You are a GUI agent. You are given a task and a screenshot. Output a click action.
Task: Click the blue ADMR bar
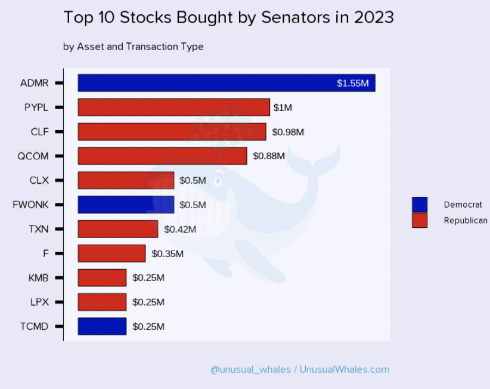227,83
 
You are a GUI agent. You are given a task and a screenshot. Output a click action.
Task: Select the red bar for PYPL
173,107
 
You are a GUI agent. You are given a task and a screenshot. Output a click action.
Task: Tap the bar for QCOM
162,156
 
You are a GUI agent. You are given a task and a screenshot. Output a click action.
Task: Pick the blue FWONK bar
126,205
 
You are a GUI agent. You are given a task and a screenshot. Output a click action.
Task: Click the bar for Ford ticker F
111,253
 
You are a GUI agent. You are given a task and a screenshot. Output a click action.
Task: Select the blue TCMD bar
102,326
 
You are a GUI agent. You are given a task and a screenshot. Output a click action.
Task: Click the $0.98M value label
288,132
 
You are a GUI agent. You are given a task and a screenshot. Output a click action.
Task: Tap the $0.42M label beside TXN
179,229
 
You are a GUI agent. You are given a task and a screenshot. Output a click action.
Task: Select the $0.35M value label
168,254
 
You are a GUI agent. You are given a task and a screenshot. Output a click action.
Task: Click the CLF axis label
39,132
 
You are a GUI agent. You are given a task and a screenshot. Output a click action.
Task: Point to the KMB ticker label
38,278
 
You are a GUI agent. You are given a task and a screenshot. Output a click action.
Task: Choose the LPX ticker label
39,302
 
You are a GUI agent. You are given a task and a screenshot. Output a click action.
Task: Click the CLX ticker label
39,180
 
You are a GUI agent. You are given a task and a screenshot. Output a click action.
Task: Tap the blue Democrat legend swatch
420,205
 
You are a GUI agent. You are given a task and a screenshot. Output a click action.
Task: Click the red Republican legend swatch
420,220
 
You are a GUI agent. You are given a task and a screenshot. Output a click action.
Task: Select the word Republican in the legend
466,220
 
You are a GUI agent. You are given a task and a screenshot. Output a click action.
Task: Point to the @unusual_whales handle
250,369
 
